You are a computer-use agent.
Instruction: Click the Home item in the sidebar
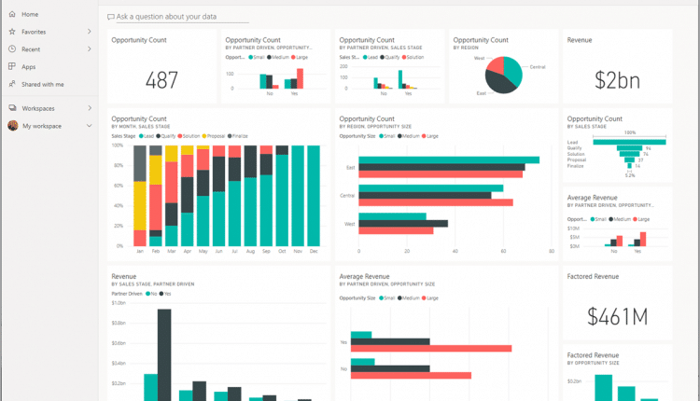pos(29,14)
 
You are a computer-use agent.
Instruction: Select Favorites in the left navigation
pos(34,32)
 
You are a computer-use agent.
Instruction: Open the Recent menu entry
pos(31,48)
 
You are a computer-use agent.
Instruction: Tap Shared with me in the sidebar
pos(43,84)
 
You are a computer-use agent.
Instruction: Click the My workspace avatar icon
pos(12,125)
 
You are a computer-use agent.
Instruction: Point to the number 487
pos(161,80)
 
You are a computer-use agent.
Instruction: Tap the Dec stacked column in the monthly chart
pos(313,195)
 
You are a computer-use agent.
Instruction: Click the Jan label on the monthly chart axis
pos(140,252)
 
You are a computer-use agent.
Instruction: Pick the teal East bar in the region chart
pos(448,160)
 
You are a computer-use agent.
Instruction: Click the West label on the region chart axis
pos(349,223)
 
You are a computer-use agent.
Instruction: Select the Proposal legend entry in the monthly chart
pos(213,135)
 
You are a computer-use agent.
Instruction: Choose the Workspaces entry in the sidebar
pos(38,108)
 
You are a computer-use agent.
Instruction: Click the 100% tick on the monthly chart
pos(118,145)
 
